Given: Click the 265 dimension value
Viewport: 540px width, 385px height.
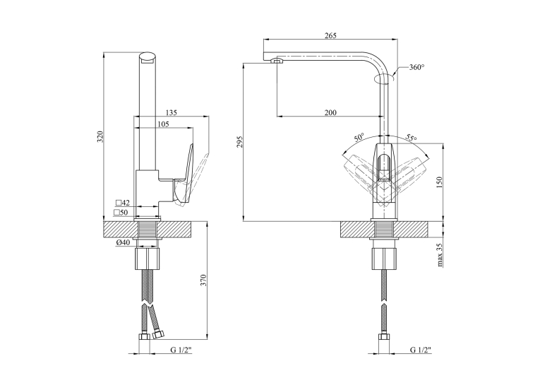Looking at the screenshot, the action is click(x=330, y=35).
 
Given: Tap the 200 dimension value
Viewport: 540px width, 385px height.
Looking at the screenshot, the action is click(x=330, y=112).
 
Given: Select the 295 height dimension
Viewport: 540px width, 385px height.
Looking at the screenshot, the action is click(x=240, y=142).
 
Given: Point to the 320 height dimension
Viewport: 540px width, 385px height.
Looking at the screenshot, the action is click(x=100, y=137).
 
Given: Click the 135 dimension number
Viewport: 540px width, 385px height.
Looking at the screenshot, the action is click(x=171, y=112).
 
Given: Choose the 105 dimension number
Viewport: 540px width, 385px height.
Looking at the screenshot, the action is click(x=163, y=124).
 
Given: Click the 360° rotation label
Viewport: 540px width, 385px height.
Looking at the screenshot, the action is click(x=416, y=67).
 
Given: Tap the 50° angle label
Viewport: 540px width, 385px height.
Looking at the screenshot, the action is click(x=359, y=138).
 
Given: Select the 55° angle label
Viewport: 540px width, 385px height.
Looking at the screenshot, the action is click(x=411, y=138).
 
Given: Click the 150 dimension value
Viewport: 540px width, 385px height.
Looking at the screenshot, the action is click(x=438, y=182).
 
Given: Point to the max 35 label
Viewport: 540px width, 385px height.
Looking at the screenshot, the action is click(x=439, y=255).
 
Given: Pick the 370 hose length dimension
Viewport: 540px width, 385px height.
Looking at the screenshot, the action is click(x=203, y=280).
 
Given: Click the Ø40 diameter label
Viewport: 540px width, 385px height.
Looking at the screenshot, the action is click(x=123, y=242).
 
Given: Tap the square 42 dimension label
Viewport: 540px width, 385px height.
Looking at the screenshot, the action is click(x=123, y=203).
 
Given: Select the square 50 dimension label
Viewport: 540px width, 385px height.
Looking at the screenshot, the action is click(x=121, y=213).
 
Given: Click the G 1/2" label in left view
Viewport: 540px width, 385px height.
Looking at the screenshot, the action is click(x=181, y=350).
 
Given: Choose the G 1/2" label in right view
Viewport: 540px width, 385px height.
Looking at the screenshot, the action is click(x=421, y=350).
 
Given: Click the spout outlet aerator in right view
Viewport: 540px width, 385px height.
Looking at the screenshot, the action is click(x=277, y=61).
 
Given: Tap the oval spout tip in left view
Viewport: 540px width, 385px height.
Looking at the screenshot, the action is click(x=148, y=57).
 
